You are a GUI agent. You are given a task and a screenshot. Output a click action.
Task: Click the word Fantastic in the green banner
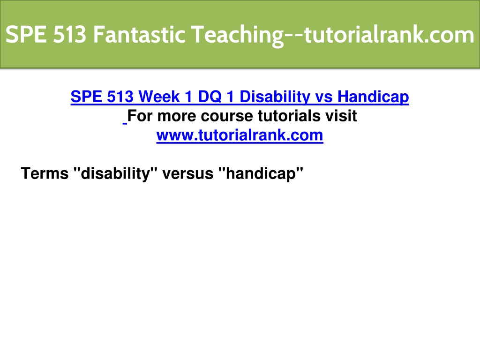pos(139,34)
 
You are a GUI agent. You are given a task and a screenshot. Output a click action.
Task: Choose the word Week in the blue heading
pos(158,97)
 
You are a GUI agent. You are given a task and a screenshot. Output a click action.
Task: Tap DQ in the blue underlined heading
pos(210,97)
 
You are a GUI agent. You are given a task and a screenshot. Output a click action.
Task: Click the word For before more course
pos(140,116)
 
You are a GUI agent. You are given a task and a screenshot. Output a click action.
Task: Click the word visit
pos(341,116)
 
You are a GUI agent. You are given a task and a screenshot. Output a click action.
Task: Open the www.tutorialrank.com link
pos(240,135)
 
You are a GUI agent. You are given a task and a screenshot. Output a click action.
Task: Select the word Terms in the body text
pos(45,173)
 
